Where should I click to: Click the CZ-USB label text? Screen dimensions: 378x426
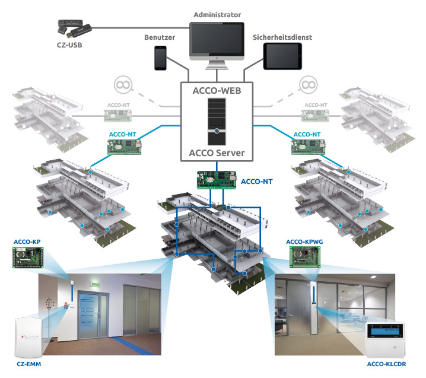tap(63, 45)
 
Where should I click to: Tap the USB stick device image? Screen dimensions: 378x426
tap(73, 27)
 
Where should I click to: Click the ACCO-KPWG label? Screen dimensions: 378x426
tap(303, 242)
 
